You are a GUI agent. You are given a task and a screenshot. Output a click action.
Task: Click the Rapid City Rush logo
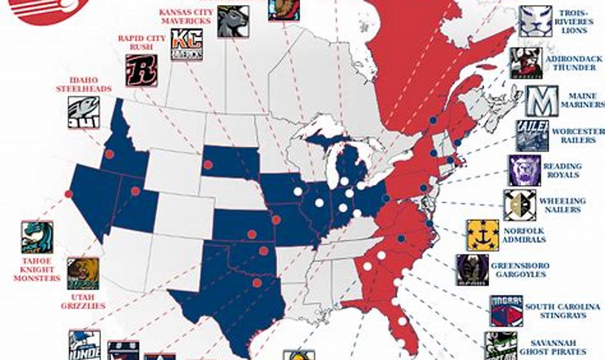click(x=142, y=71)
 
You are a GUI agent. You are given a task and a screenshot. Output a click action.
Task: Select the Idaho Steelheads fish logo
click(x=83, y=112)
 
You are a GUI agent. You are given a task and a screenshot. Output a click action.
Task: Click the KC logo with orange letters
click(x=187, y=44)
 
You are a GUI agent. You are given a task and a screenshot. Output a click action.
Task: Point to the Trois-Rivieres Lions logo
click(x=535, y=21)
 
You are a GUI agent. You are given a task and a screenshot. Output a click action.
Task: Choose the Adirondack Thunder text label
click(x=571, y=63)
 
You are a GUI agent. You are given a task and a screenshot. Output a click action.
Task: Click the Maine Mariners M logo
click(x=542, y=101)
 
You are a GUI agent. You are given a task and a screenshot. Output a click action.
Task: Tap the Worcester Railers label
click(x=576, y=136)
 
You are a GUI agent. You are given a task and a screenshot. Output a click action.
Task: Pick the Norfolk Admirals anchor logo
click(x=482, y=235)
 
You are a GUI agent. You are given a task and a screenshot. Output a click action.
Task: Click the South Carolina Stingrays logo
click(x=507, y=311)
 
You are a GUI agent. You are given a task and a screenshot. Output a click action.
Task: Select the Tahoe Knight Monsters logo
click(x=37, y=237)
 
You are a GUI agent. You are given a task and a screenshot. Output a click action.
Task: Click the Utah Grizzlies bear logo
click(x=83, y=273)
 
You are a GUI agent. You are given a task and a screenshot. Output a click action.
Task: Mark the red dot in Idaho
click(x=109, y=154)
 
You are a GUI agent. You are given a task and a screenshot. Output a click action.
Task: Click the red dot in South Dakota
click(x=208, y=165)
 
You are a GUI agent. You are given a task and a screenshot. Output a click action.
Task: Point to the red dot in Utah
click(x=135, y=191)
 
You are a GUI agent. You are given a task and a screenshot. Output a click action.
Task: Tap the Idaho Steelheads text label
click(x=84, y=84)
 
